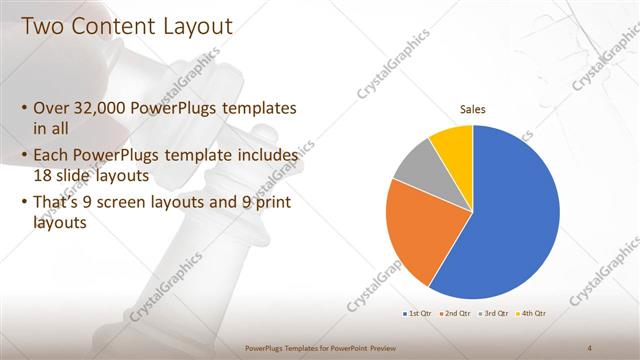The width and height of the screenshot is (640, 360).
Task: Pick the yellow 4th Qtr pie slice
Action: tap(452, 146)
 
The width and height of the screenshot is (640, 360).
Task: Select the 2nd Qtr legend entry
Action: tap(456, 313)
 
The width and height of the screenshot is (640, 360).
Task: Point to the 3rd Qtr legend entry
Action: tap(497, 313)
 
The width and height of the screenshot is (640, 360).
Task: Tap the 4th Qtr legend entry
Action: tap(534, 313)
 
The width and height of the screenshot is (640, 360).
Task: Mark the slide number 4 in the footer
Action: tap(590, 348)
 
